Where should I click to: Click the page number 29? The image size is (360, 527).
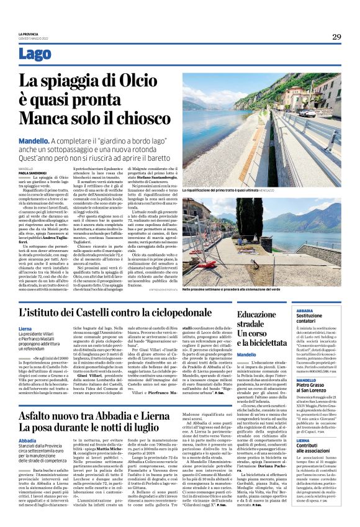click(336, 37)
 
